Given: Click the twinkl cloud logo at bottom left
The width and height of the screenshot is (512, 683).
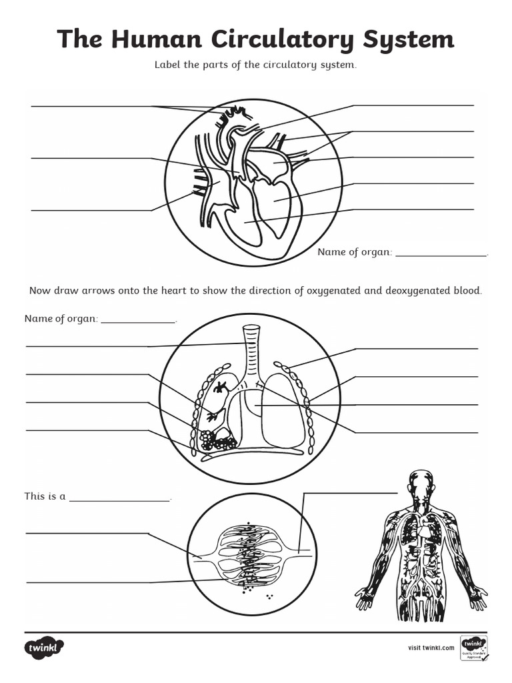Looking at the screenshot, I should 45,648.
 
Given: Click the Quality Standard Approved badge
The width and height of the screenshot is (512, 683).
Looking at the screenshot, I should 474,648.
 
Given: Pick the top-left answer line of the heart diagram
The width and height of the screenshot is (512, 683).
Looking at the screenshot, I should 90,107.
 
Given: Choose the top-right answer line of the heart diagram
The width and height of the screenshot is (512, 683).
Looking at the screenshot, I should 413,105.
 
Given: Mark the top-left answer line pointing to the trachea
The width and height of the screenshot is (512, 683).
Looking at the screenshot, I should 87,346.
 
